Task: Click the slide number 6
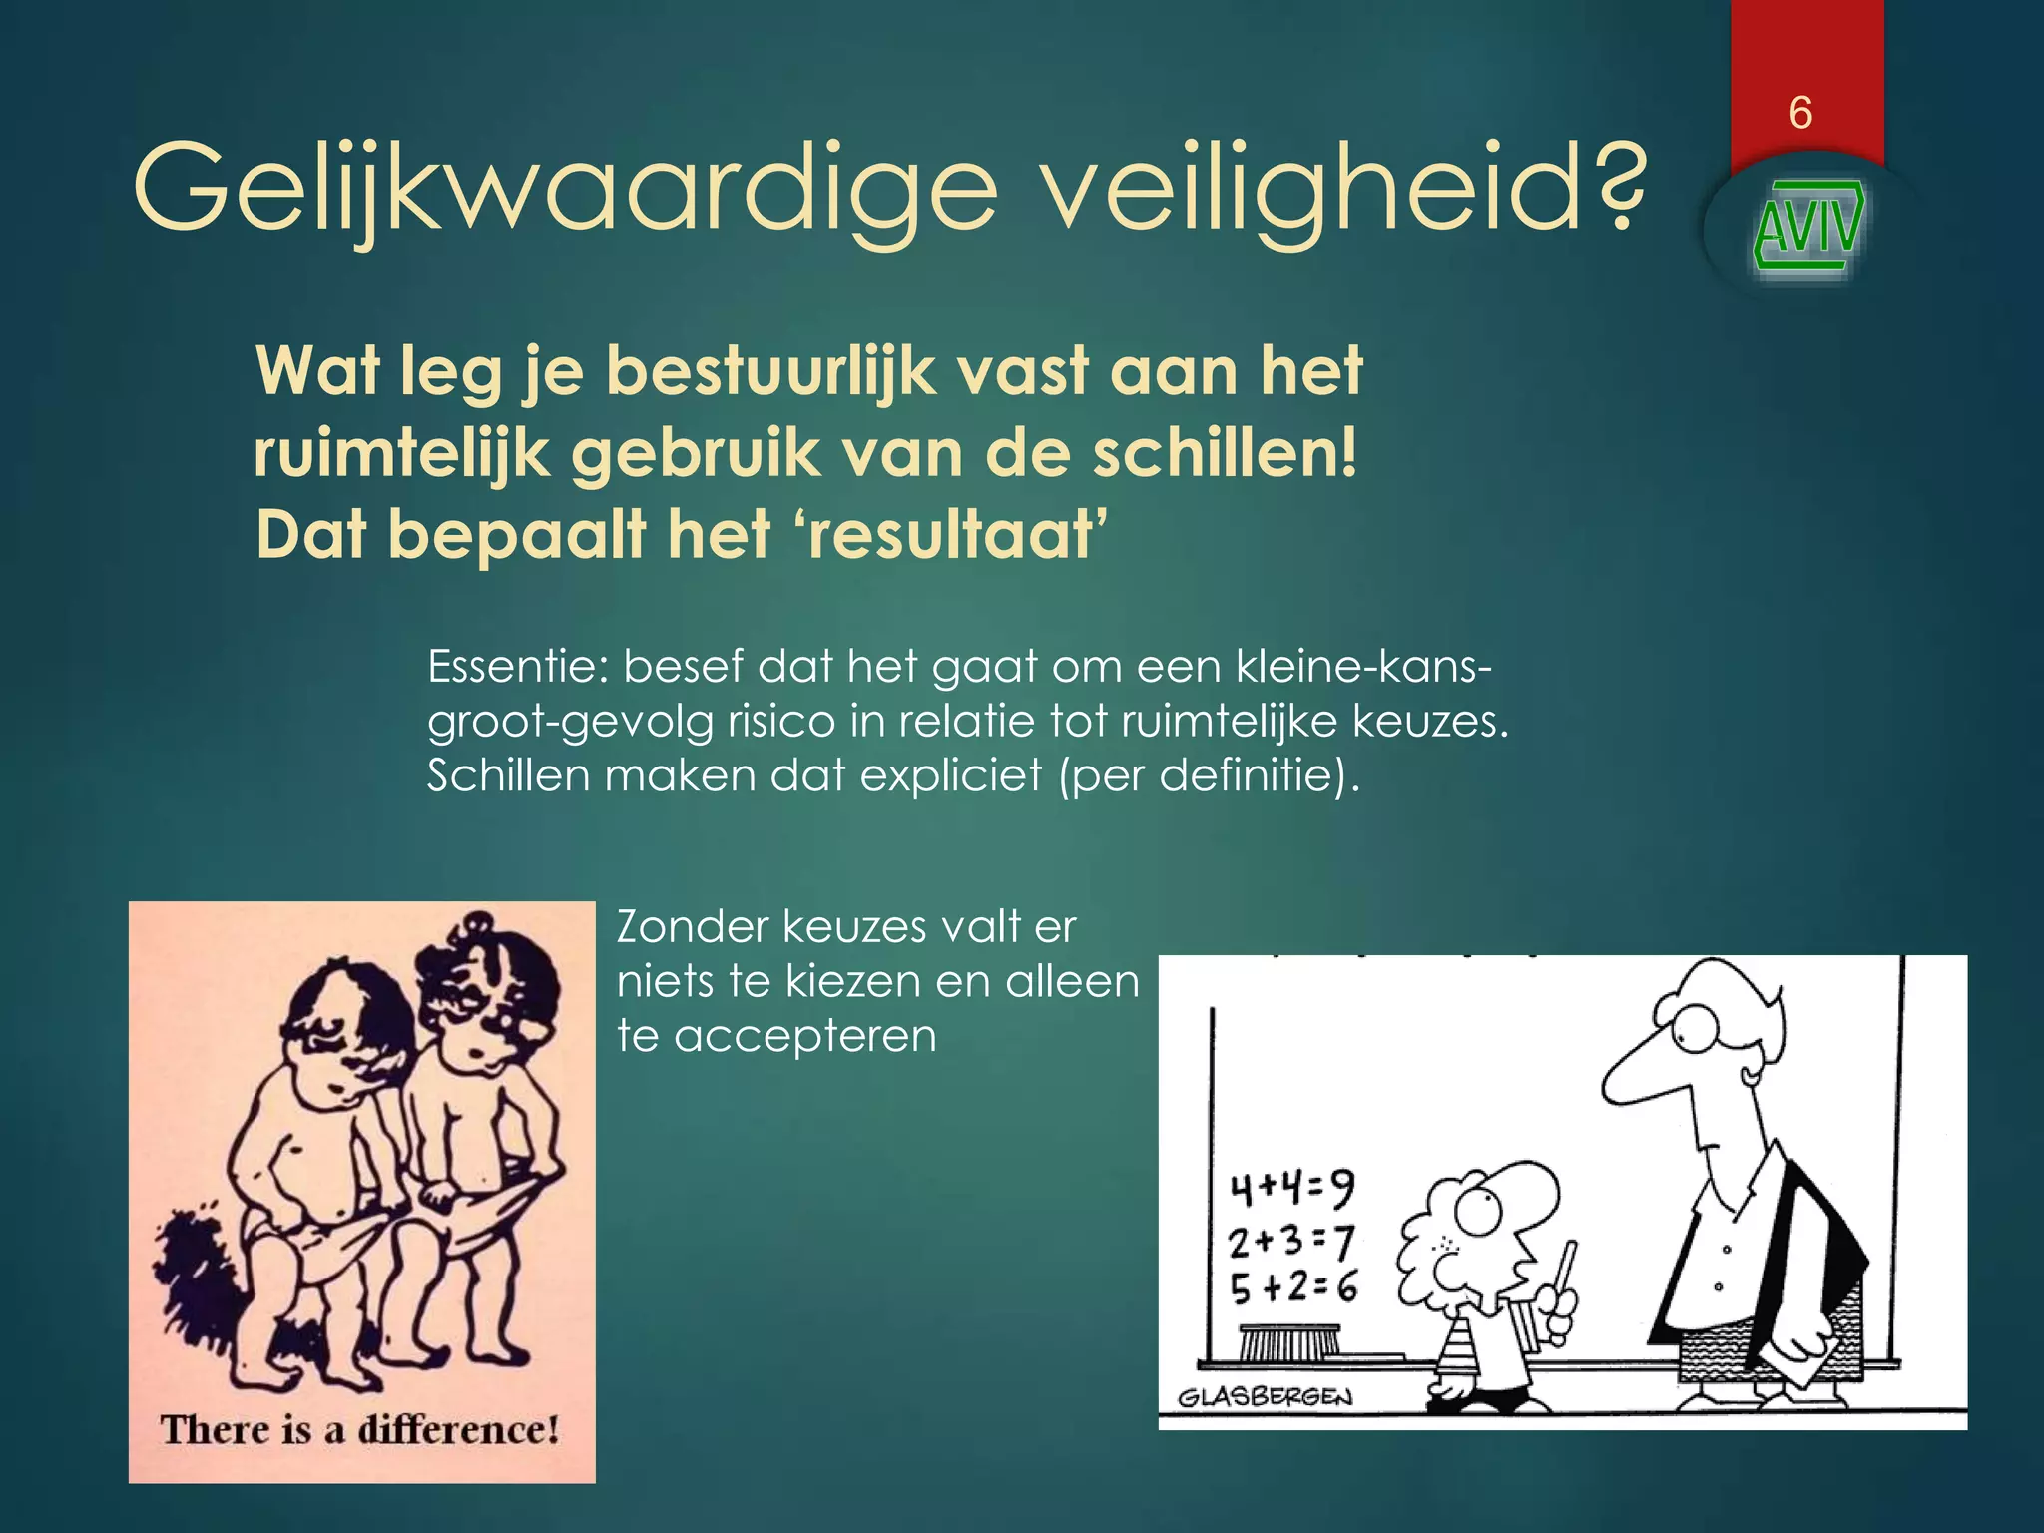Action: coord(1800,113)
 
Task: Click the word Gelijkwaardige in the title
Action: coord(565,189)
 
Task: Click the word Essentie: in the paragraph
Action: coord(517,666)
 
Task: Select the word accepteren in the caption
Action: coord(805,1035)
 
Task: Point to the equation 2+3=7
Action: coord(1290,1242)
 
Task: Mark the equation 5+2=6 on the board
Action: coord(1293,1287)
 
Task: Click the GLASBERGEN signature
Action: coord(1265,1396)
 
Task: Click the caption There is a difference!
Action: coord(359,1430)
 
